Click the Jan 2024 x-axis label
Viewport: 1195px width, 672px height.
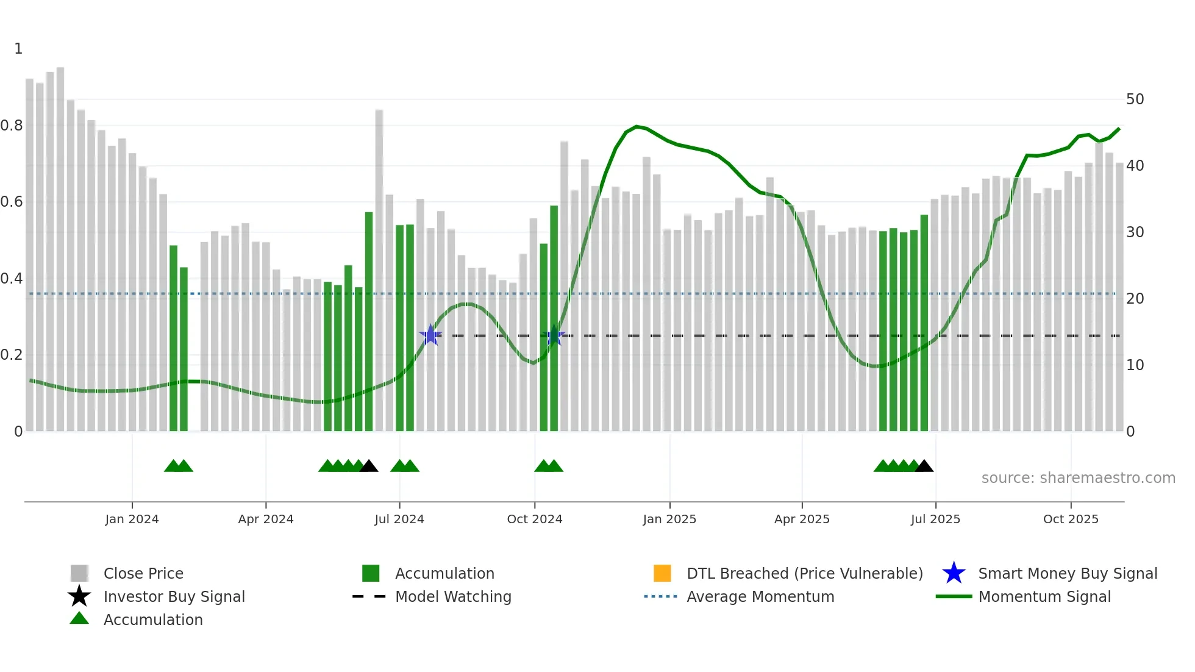click(132, 519)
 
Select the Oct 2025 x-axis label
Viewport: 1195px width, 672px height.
click(1071, 519)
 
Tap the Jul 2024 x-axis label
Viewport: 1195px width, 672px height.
click(399, 519)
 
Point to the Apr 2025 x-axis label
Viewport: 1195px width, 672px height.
click(802, 519)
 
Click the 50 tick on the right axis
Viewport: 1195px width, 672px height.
click(1135, 99)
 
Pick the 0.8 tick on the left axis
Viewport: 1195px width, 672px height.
click(12, 126)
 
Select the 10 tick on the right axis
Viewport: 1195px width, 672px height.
click(1135, 365)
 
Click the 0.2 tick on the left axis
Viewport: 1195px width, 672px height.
click(12, 355)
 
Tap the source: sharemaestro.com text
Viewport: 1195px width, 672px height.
click(1078, 478)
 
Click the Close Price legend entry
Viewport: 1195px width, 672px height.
click(143, 573)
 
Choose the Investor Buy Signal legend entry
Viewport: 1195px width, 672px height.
click(174, 596)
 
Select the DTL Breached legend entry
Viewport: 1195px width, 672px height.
click(804, 573)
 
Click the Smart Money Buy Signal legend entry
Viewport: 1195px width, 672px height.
click(1067, 573)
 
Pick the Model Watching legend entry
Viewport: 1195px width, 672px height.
click(453, 596)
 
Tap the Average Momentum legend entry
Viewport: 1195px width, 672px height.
click(760, 596)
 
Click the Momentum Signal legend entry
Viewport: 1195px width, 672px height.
click(1044, 596)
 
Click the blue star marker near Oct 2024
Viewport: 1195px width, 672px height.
click(554, 335)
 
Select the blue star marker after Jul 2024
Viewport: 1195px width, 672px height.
click(430, 335)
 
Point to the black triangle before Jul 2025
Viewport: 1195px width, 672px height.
click(924, 466)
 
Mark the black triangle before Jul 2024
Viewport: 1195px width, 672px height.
click(369, 466)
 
